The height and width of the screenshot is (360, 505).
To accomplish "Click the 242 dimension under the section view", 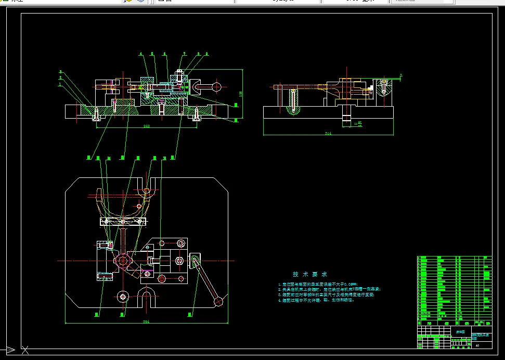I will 147,126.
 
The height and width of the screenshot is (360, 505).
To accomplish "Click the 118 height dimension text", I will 241,94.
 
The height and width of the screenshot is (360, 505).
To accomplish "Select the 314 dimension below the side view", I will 328,134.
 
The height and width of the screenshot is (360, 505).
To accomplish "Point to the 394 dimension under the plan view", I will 146,322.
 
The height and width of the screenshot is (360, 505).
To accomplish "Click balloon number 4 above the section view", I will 140,54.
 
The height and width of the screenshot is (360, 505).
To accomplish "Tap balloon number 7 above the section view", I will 184,54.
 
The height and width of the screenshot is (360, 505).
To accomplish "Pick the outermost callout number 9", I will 206,54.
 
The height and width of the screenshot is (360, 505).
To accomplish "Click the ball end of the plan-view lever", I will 219,301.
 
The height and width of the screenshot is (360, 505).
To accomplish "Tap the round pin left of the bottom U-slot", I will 123,297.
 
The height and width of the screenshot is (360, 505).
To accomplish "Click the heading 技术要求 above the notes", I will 310,274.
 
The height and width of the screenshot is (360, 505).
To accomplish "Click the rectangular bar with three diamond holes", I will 122,222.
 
